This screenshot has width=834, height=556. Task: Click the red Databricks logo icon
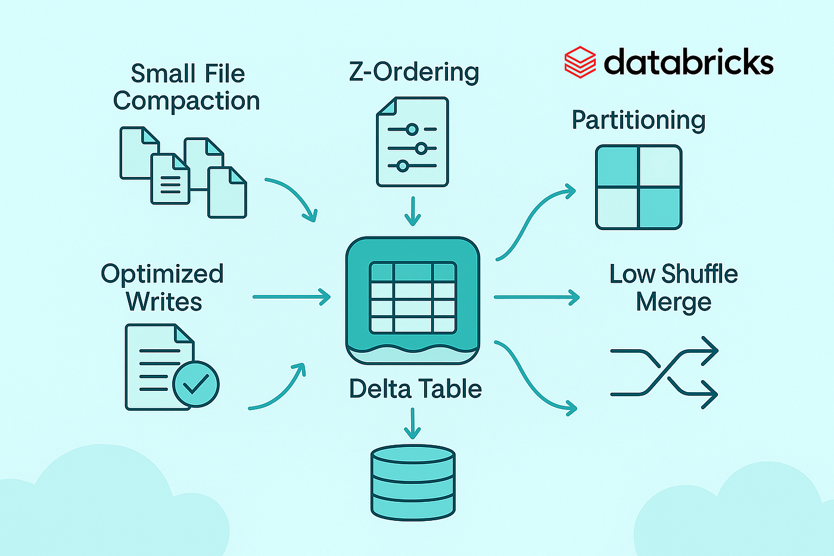[580, 62]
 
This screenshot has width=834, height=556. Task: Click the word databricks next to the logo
[689, 62]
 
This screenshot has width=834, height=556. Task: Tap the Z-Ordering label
[414, 72]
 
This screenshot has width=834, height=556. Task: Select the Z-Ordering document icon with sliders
[412, 142]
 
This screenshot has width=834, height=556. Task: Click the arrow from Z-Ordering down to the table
[412, 211]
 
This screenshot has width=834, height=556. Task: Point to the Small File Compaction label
[187, 87]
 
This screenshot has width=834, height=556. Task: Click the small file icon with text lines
[170, 179]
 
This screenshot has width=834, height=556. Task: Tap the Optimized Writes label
[163, 287]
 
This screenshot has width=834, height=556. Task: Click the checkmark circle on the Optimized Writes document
[196, 384]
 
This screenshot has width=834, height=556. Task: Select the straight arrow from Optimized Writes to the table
[291, 297]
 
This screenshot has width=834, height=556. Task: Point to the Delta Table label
[415, 389]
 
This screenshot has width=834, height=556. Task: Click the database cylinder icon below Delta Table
[412, 482]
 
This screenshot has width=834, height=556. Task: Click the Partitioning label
[639, 120]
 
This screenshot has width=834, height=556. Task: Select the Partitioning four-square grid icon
[639, 187]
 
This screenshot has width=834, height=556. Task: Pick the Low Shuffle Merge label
[674, 288]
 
